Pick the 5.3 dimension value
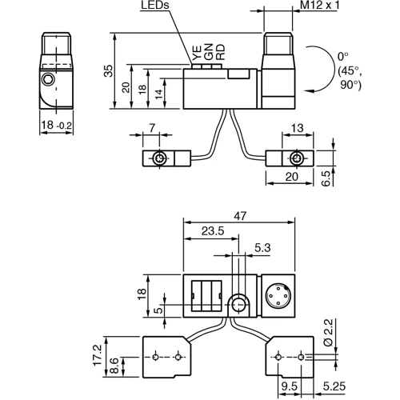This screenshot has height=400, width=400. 261,248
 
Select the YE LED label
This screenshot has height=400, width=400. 195,54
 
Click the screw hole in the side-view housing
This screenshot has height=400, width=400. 50,81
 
